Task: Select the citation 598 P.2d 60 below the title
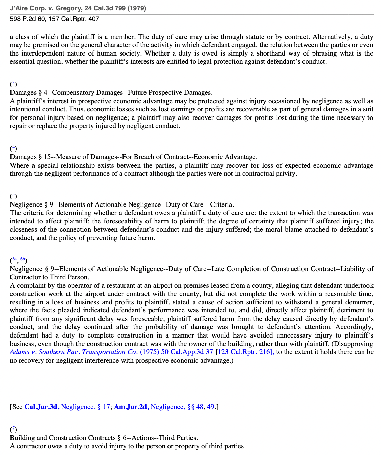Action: coord(28,19)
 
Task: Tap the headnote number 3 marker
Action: coord(13,84)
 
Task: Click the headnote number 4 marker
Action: coord(13,148)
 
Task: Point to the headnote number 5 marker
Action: coord(13,196)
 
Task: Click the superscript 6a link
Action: coord(14,260)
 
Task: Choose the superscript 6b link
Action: coord(23,260)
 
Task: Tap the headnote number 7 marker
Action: coord(13,429)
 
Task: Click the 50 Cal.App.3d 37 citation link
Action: coord(187,352)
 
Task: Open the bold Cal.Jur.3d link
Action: coord(42,407)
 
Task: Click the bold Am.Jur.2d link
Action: coord(131,407)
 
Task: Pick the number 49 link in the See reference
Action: coord(210,407)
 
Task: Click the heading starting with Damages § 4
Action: coord(111,93)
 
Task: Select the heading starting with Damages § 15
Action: coord(133,157)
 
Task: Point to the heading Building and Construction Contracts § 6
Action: coord(104,438)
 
